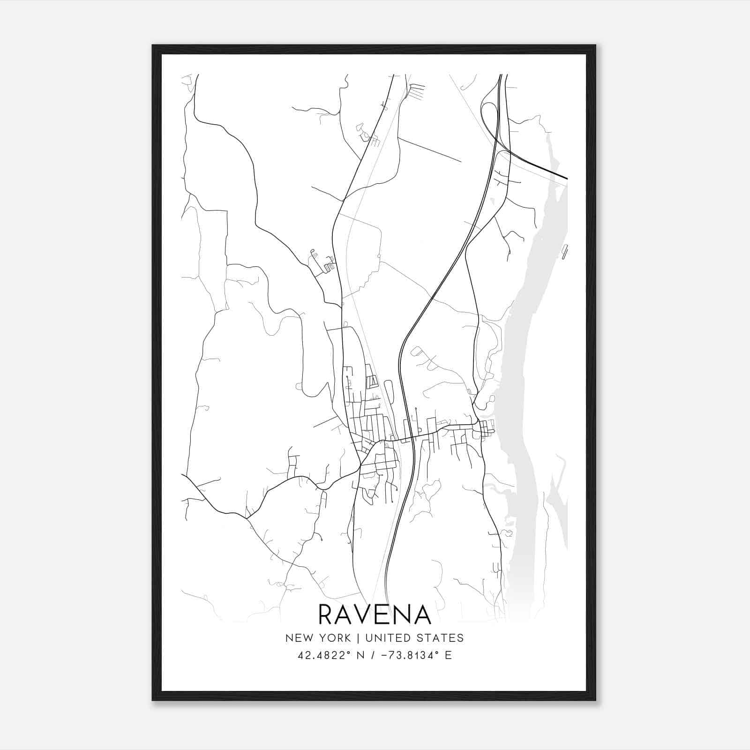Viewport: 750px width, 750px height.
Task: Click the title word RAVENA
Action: click(x=375, y=614)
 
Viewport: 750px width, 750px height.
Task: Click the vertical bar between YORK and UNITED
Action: click(x=358, y=638)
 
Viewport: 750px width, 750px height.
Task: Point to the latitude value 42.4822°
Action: click(x=323, y=655)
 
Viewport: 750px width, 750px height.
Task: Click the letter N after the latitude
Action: click(x=360, y=655)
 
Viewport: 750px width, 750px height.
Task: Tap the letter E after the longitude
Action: click(x=448, y=655)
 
